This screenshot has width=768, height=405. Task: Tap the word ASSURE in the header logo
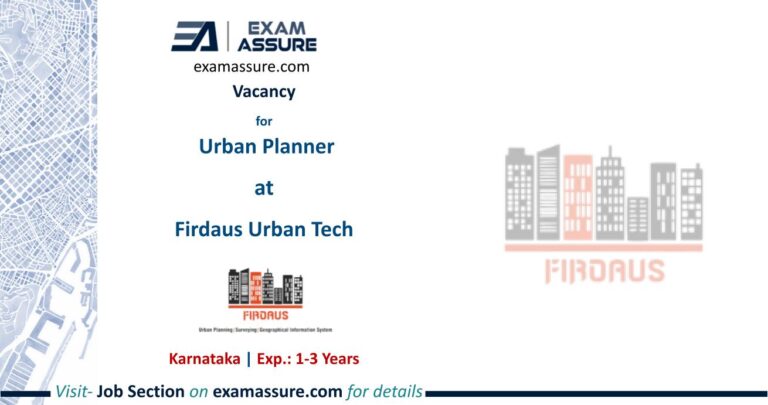[x=277, y=44]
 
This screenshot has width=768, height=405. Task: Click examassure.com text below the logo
[x=251, y=67]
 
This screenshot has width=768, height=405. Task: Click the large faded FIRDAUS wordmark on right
[x=603, y=270]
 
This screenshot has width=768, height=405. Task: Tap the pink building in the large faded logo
[x=577, y=199]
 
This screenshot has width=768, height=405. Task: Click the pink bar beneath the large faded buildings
[x=603, y=246]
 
